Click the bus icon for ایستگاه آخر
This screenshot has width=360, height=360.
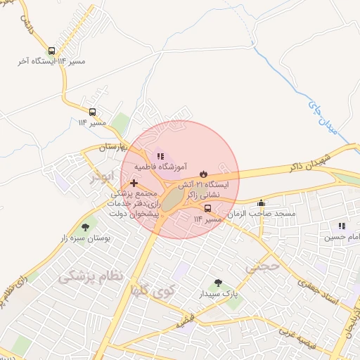(x=52, y=51)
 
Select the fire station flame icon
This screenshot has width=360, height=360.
(x=203, y=172)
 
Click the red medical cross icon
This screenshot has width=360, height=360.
(x=134, y=183)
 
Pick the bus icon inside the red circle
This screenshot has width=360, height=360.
(x=207, y=208)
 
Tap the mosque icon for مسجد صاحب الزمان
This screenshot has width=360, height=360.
(x=262, y=202)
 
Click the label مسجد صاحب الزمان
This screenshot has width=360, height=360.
(x=266, y=213)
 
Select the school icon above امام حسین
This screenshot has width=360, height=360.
(x=342, y=226)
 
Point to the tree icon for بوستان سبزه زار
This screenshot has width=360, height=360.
(x=85, y=227)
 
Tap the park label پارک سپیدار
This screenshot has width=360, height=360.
(x=217, y=292)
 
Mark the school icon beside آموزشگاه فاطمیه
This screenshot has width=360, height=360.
(x=160, y=156)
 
